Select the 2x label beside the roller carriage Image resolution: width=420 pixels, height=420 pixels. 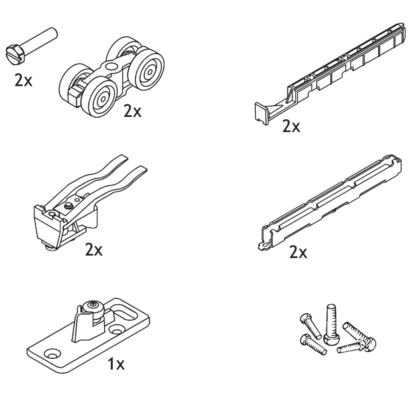(132, 111)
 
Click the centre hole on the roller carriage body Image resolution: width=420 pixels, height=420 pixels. (112, 66)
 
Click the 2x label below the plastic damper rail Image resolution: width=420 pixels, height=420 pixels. (291, 126)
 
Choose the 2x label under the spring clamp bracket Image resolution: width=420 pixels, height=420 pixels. (94, 250)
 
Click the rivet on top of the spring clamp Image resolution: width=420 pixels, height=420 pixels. (68, 206)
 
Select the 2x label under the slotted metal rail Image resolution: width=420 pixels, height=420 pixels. (298, 252)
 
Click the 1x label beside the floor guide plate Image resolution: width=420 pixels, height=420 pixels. (116, 364)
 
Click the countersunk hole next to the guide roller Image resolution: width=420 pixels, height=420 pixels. (116, 330)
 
